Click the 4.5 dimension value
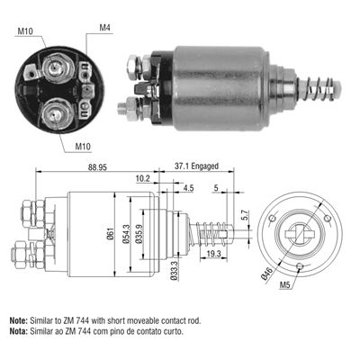(x=188, y=188)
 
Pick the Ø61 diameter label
(x=110, y=237)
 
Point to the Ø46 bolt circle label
(x=270, y=271)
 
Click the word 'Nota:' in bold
(x=19, y=330)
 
